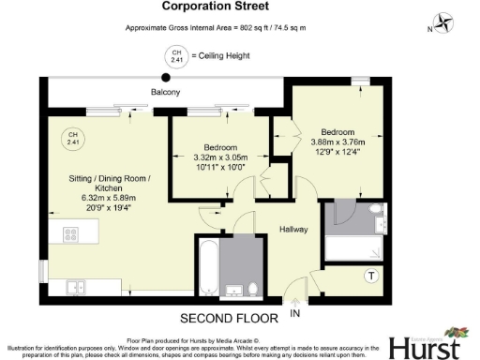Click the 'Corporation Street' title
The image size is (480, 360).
click(239, 8)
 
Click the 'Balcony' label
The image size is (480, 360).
click(165, 92)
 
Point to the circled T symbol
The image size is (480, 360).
click(372, 276)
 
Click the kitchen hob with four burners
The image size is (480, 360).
click(70, 234)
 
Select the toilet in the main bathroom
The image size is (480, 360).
click(251, 287)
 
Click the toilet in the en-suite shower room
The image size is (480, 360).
click(376, 210)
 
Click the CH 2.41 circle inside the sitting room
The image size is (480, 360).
click(70, 140)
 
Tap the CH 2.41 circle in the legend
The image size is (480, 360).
click(173, 56)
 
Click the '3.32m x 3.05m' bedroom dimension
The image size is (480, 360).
click(221, 157)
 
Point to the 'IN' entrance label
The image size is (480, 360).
click(295, 312)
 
